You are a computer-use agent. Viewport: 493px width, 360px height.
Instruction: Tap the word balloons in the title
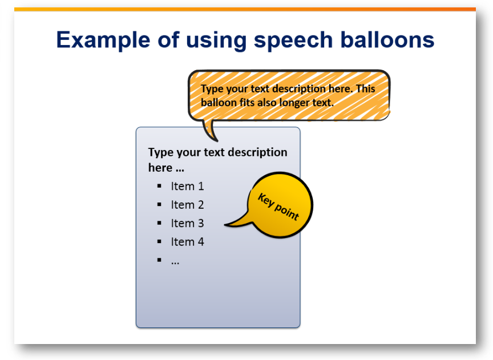pos(387,39)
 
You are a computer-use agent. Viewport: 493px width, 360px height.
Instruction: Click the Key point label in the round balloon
pos(278,207)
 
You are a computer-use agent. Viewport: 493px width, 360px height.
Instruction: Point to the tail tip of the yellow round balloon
pos(225,225)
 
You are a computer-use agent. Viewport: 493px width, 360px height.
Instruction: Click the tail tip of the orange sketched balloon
pos(217,141)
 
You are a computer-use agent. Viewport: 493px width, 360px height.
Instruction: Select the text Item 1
pos(187,186)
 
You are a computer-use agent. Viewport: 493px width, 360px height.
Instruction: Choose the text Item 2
pos(187,205)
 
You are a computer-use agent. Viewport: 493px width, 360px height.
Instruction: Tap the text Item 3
pos(187,223)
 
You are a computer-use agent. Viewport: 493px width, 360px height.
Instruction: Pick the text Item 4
pos(187,242)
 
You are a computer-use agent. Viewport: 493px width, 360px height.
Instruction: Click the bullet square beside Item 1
pos(159,186)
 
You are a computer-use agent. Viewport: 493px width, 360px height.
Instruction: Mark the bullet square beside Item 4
pos(159,241)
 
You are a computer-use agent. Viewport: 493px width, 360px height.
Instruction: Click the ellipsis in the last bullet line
pos(175,263)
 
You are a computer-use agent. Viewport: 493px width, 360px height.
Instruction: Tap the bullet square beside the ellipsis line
pos(159,260)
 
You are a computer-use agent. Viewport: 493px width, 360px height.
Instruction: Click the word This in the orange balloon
pos(366,88)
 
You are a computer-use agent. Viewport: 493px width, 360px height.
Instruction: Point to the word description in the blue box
pos(257,153)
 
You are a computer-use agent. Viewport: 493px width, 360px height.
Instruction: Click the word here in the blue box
pos(160,168)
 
